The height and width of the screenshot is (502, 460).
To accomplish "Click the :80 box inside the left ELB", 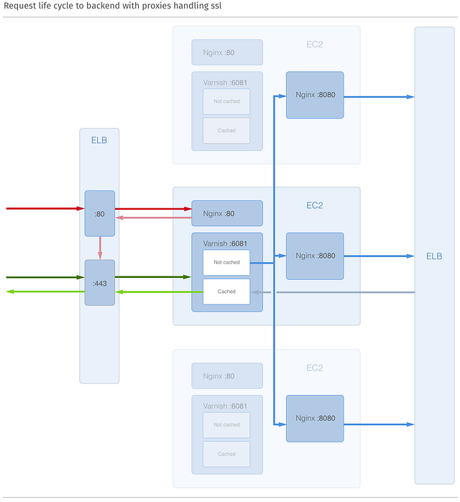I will tap(100, 213).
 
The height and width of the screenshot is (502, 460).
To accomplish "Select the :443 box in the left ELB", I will tap(100, 283).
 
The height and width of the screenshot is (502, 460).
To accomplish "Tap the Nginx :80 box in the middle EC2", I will tap(226, 213).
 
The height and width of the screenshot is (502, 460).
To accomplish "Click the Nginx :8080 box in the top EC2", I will tap(315, 95).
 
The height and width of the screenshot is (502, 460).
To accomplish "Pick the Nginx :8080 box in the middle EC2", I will tap(315, 256).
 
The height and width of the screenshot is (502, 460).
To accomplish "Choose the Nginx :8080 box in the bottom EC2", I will tap(315, 418).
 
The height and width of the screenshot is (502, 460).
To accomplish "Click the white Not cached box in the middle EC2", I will tap(226, 262).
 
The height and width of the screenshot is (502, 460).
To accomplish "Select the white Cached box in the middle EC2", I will tap(226, 292).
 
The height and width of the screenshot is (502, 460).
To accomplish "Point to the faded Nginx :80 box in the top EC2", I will tap(226, 52).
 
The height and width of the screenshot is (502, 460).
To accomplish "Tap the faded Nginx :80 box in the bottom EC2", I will tap(226, 376).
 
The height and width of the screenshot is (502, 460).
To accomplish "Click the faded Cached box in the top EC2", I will tap(226, 131).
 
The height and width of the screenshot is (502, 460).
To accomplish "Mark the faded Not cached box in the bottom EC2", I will tap(226, 424).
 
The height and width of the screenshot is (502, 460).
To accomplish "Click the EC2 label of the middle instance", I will tap(315, 205).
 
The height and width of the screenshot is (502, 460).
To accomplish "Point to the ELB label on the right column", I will tap(434, 256).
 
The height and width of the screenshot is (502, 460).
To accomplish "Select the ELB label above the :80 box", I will tap(99, 140).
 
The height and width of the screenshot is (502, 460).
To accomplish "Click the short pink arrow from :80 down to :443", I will tap(100, 248).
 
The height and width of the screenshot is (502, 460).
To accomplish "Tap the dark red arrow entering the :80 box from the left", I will tap(43, 209).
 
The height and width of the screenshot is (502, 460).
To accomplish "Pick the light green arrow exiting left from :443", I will tap(43, 292).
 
